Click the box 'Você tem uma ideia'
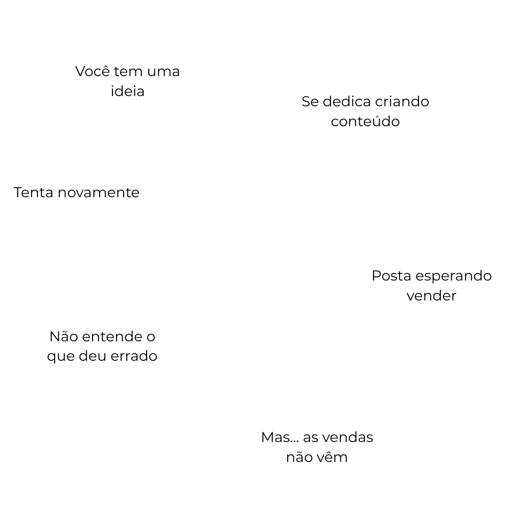[x=128, y=81]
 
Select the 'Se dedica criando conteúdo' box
[x=365, y=111]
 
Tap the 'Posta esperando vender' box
[x=432, y=286]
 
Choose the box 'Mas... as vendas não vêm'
[x=317, y=447]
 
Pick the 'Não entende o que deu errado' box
[x=102, y=346]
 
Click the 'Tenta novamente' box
[x=77, y=193]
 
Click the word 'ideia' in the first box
[x=128, y=91]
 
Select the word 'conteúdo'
[x=365, y=122]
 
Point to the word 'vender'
[x=432, y=296]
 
